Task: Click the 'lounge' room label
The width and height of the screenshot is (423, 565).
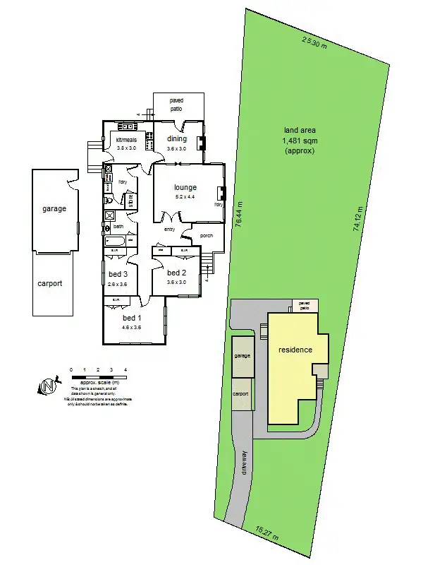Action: (x=186, y=187)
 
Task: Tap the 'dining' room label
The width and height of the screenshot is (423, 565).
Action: (x=177, y=139)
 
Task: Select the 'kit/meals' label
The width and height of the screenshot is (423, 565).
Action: (x=128, y=140)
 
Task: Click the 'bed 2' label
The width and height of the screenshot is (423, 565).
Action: (x=176, y=273)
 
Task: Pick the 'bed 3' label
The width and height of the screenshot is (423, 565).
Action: (x=118, y=274)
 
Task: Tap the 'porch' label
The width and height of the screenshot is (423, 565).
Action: (x=207, y=235)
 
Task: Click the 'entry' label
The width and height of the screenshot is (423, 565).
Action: (x=169, y=229)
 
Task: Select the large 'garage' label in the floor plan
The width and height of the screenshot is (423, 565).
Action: (x=54, y=208)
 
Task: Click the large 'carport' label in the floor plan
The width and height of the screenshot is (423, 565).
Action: (x=50, y=283)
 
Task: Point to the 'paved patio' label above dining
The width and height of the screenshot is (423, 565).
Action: (x=176, y=105)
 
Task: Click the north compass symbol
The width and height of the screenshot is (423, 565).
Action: (x=47, y=386)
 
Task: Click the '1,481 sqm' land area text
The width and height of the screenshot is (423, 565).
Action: (x=300, y=141)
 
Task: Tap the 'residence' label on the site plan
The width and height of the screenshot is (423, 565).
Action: (x=295, y=350)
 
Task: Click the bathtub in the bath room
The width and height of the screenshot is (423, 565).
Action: (x=115, y=242)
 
